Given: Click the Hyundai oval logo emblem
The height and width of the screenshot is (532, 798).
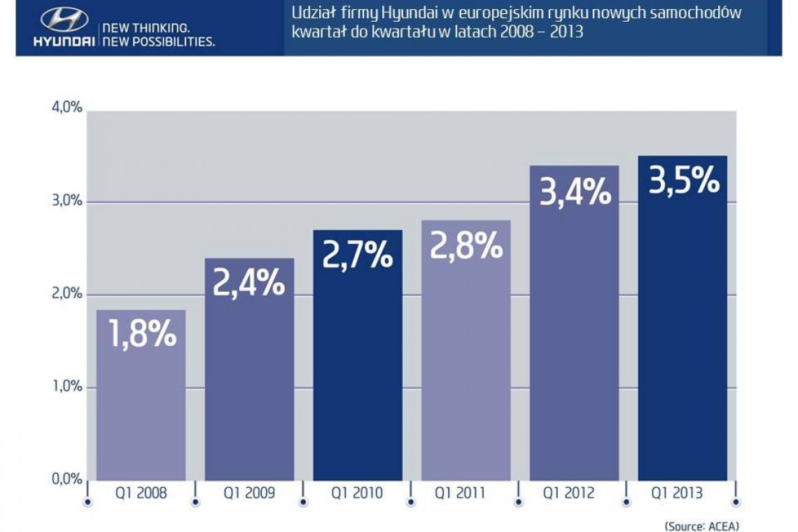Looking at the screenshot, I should click(64, 20).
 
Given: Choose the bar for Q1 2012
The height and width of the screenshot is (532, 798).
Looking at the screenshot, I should click(574, 350).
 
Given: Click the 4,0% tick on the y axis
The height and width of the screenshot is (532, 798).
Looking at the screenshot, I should click(67, 108).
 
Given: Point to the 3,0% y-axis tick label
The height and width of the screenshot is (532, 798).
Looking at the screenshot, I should click(67, 201).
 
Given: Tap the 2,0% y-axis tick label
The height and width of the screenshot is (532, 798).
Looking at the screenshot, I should click(67, 294).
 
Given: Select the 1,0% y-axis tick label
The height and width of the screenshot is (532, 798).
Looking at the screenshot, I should click(67, 386).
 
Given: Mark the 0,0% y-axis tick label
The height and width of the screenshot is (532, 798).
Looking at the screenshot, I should click(67, 479).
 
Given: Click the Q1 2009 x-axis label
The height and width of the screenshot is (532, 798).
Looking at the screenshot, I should click(249, 493).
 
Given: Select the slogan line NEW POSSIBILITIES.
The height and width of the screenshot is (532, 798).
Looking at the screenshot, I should click(159, 42).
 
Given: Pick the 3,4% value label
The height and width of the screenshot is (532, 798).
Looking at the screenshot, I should click(575, 190).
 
